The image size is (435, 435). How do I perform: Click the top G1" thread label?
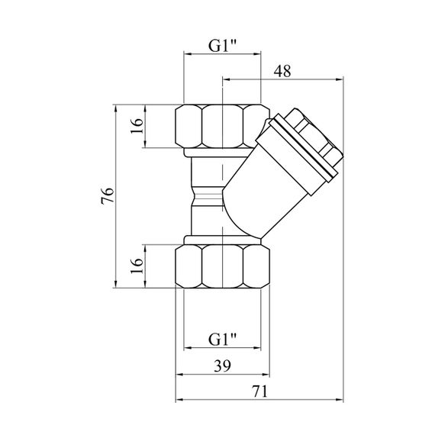[222, 46]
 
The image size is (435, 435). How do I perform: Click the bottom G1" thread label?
[222, 339]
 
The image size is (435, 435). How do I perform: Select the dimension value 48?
[282, 71]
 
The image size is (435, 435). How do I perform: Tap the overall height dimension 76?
[108, 196]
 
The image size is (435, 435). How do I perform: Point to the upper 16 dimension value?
[137, 126]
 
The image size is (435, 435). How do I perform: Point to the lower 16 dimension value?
[137, 266]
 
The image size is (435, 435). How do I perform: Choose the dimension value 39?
[222, 366]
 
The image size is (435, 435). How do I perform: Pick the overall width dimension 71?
[260, 391]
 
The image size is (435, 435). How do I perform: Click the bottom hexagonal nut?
[222, 266]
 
